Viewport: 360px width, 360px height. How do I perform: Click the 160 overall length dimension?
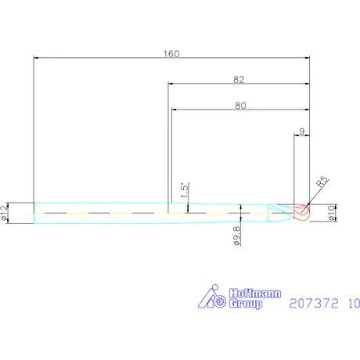tap(171, 54)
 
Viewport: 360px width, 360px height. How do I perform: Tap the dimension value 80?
tap(239, 106)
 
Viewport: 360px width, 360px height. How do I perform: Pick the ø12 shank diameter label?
tap(6, 212)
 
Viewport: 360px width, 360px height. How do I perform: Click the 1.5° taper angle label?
tap(185, 190)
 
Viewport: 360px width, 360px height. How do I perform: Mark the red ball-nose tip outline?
tap(303, 212)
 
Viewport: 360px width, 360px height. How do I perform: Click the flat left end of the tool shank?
tap(34, 212)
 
